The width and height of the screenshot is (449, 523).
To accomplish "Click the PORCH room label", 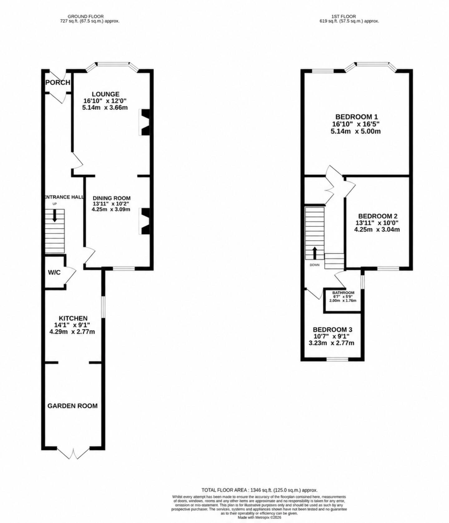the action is tap(58, 83).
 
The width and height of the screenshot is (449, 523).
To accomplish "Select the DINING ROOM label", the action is tap(111, 198).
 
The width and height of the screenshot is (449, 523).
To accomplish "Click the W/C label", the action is tap(54, 273).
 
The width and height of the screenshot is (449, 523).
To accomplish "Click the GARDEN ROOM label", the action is tap(72, 406).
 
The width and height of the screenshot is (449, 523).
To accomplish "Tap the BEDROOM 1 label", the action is tap(357, 117).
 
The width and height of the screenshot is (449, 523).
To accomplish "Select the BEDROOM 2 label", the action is tap(378, 216).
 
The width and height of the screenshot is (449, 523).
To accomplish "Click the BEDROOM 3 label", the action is tap(333, 330).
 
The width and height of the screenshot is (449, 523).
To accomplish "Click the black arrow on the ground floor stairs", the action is tap(55, 216).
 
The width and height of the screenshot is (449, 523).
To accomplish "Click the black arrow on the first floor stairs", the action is tap(315, 253).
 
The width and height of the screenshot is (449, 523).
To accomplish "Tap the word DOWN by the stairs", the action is tap(315, 265).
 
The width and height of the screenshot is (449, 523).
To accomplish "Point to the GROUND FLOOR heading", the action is tap(85, 16).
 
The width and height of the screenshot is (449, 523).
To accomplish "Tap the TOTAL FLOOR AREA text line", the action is tap(259, 490).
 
